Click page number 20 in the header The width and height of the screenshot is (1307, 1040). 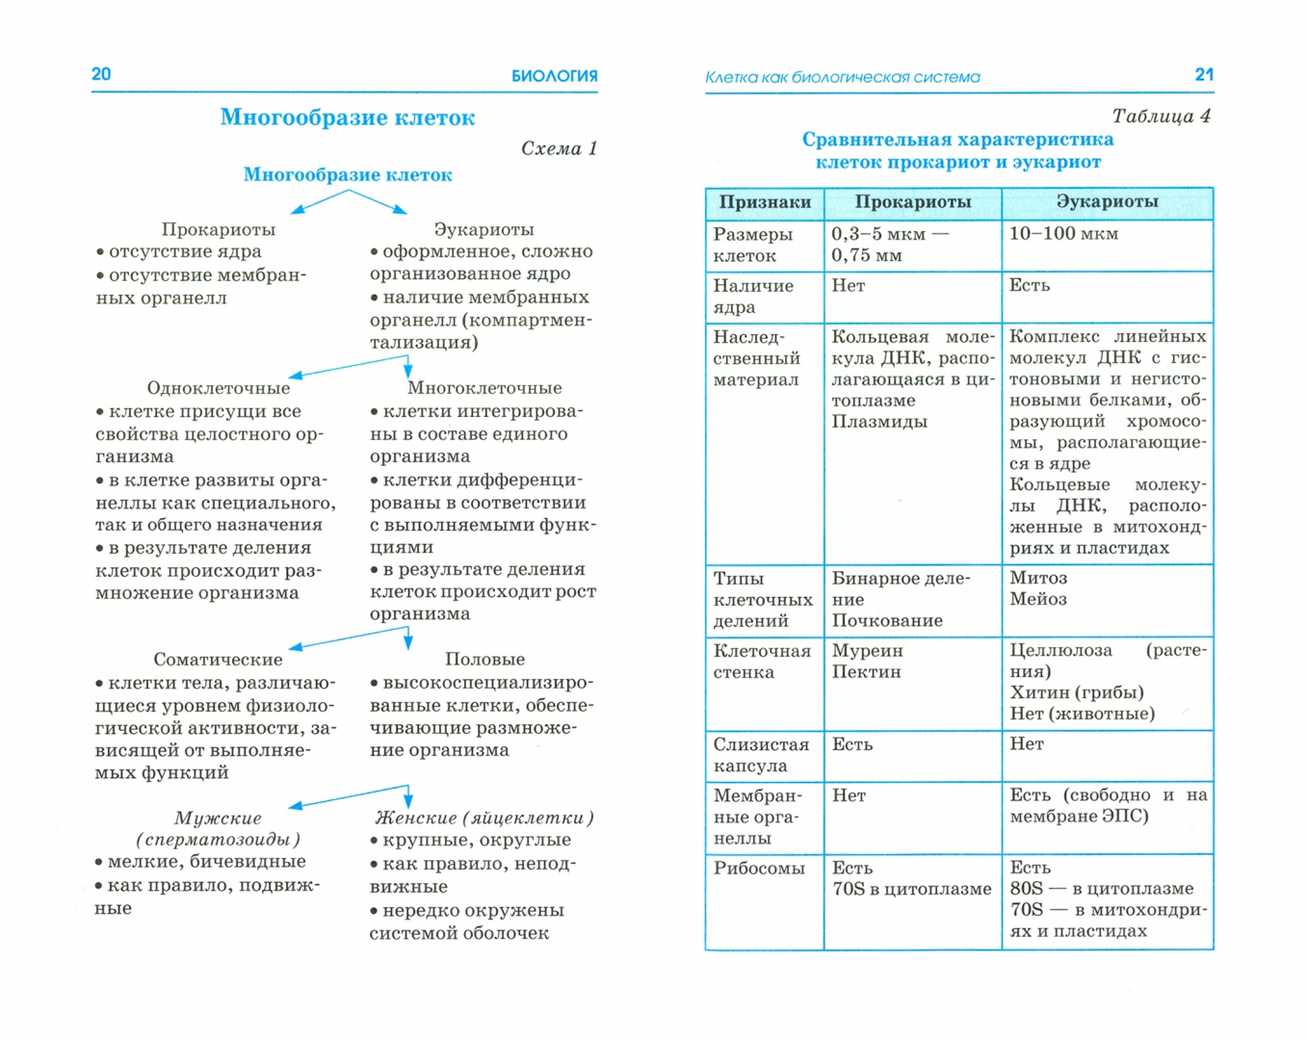pos(101,74)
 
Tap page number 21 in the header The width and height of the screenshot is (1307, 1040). pos(1204,74)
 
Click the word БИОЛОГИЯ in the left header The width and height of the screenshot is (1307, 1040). pos(554,76)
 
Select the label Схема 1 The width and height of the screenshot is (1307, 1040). pos(559,148)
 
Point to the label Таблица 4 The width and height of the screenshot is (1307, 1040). pos(1161,117)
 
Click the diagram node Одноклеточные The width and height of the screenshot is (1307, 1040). pos(218,388)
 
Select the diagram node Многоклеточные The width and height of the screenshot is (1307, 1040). pos(484,388)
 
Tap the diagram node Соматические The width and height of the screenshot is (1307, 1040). pos(218,660)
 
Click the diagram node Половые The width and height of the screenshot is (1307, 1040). pos(484,660)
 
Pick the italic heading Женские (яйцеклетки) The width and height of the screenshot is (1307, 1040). pos(484,818)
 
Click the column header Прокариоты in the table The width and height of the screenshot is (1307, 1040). pos(912,202)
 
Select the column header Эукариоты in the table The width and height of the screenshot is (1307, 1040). pos(1107,202)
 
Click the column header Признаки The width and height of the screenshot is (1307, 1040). pos(765,202)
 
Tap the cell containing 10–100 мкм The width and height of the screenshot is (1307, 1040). pos(1063,234)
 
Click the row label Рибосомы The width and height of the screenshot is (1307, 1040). pos(758,869)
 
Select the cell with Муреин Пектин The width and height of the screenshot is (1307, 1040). pos(867,662)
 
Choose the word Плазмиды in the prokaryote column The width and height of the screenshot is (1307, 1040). pos(879,422)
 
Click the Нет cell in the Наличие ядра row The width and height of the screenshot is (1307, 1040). pos(849,286)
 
